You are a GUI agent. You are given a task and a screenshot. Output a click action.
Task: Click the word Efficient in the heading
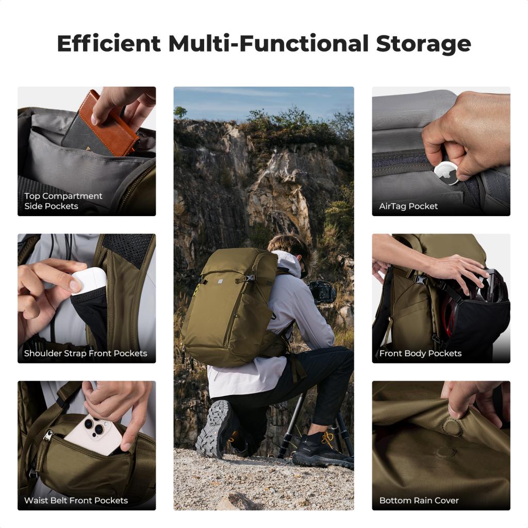tap(109, 44)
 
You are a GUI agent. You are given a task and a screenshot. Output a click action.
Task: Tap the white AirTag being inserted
tap(445, 173)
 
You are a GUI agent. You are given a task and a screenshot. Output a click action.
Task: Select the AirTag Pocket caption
tap(408, 206)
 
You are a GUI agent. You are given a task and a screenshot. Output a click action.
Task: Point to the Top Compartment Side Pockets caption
tap(63, 201)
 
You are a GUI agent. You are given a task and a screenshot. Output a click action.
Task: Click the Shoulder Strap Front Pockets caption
tap(86, 354)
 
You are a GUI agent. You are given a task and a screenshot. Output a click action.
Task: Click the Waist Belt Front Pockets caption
tap(76, 501)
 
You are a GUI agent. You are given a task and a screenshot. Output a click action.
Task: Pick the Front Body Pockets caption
tap(420, 354)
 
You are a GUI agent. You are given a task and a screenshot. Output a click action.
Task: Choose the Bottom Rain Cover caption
tap(419, 501)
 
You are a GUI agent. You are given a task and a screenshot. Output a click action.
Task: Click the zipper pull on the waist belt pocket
tap(48, 436)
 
